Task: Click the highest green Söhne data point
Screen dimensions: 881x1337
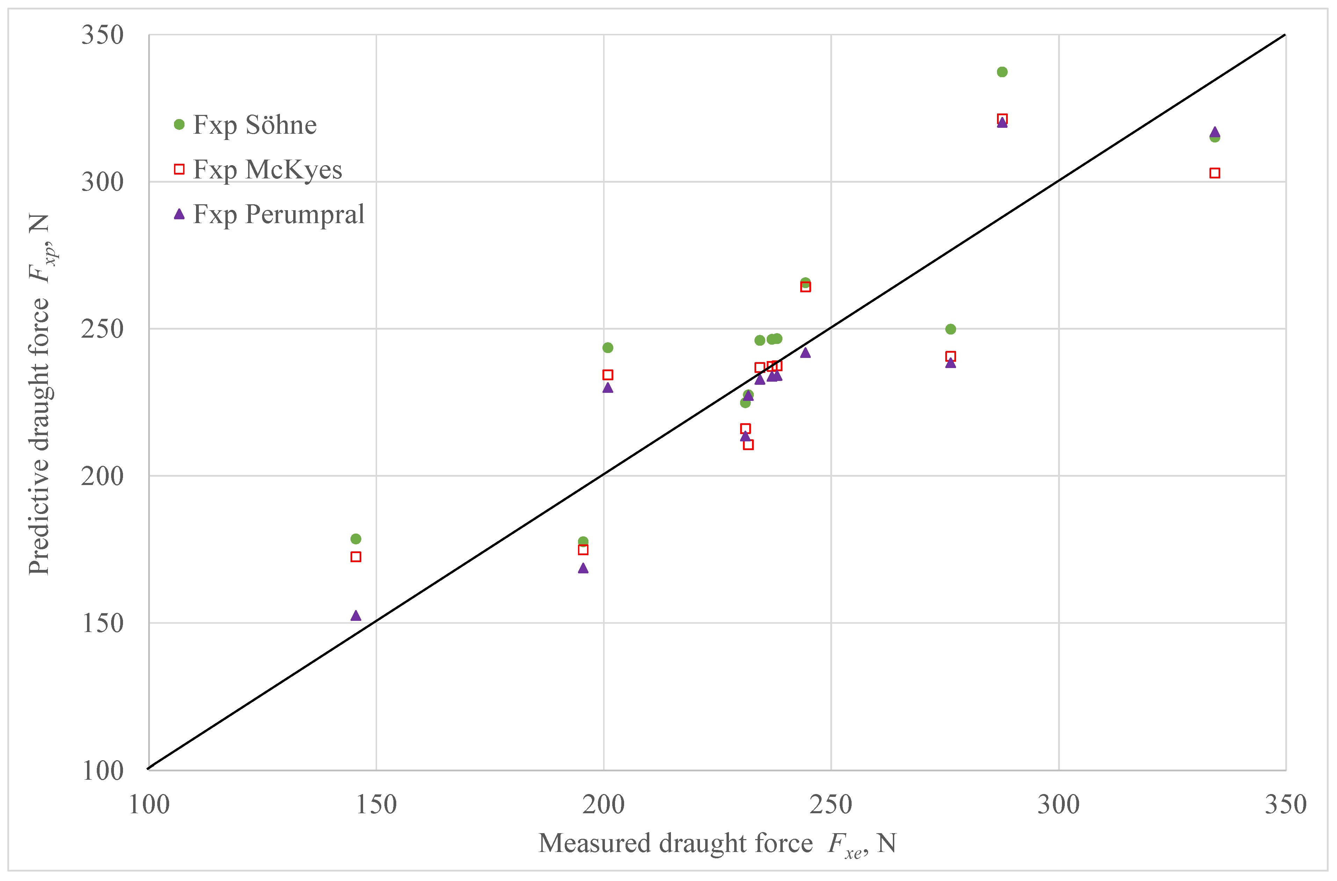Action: tap(1002, 72)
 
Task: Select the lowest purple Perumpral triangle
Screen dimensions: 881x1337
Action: tap(356, 616)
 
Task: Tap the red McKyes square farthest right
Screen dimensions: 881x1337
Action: tap(1214, 173)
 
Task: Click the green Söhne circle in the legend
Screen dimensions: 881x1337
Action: tap(179, 125)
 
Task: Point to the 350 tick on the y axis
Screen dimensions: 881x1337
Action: tap(102, 35)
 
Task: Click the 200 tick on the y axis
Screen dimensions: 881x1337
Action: tap(102, 476)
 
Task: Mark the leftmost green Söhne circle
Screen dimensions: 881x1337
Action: tap(356, 539)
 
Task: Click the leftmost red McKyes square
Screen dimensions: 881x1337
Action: tap(356, 557)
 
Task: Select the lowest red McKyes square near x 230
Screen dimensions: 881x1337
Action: tap(748, 445)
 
